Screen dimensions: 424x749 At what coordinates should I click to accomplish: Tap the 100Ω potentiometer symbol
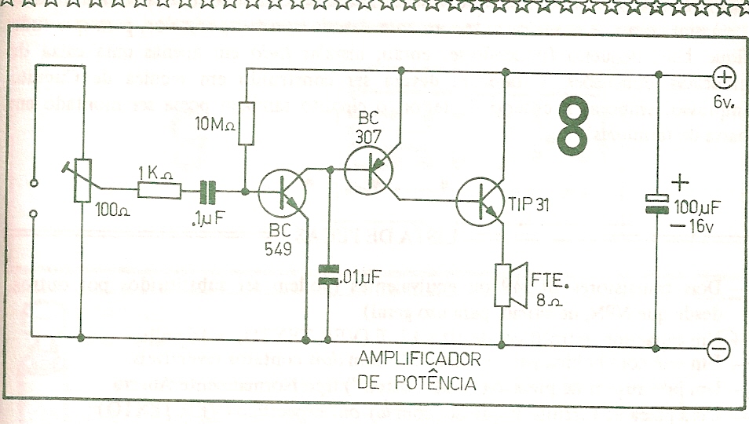click(82, 181)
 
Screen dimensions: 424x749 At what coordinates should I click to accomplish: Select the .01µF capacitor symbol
click(327, 275)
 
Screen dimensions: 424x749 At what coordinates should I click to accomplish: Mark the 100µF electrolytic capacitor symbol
click(656, 204)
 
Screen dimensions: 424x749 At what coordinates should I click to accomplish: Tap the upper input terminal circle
click(33, 183)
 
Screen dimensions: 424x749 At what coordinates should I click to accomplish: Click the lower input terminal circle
click(33, 214)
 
